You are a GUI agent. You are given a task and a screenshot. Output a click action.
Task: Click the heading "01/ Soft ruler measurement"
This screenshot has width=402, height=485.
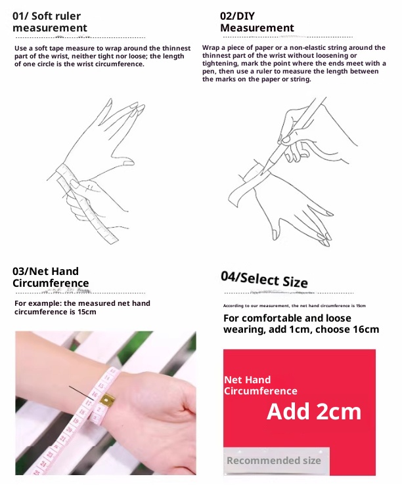coord(50,22)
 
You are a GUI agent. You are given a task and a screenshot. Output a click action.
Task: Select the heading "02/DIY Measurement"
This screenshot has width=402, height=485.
coord(257,22)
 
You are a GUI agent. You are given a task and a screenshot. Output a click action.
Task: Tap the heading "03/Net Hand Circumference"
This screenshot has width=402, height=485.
coord(51,277)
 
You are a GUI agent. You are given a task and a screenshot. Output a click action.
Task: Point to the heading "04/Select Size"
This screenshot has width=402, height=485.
coord(264,280)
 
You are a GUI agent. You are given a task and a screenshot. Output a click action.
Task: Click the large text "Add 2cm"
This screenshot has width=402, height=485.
coord(314,411)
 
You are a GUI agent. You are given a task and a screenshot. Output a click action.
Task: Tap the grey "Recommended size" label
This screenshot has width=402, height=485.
coord(274,461)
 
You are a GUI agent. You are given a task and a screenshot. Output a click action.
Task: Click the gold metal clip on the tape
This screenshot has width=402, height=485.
coord(106,400)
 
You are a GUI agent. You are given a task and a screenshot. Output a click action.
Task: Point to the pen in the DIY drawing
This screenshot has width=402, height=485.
coord(294,135)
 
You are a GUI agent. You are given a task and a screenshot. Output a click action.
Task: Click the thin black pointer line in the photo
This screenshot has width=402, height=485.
coord(81,392)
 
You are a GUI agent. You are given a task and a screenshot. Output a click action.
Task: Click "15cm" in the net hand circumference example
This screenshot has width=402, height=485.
coord(87,312)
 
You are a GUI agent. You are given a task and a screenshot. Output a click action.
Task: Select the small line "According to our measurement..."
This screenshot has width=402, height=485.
coord(294,306)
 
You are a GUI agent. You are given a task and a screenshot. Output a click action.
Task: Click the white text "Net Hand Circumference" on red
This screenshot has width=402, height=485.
coord(261,385)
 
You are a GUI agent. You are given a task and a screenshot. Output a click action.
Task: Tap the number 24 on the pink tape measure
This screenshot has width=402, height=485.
coord(43,463)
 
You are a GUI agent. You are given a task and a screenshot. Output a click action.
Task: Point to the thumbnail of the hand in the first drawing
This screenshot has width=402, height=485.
coord(127,162)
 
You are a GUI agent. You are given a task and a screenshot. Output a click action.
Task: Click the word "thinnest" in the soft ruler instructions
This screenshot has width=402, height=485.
coord(177,49)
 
